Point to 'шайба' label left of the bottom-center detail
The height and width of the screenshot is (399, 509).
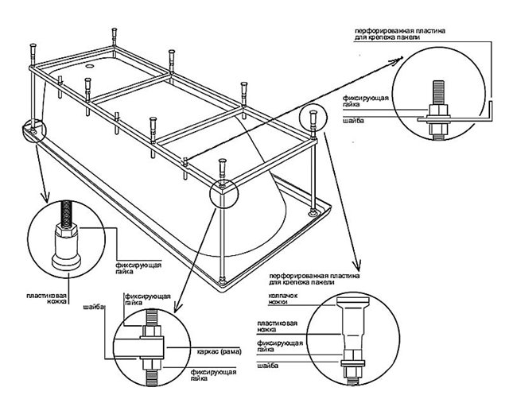99,316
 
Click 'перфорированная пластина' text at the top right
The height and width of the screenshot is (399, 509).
398,31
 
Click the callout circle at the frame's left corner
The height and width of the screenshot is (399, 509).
34,130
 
